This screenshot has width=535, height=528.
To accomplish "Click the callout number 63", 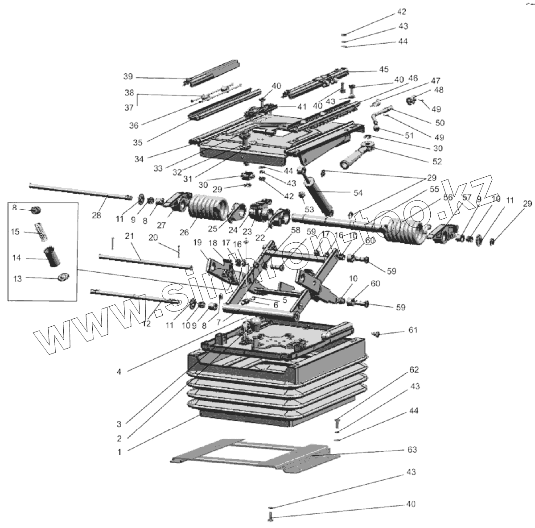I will click(x=412, y=449).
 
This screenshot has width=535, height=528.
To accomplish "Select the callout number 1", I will click(x=119, y=451).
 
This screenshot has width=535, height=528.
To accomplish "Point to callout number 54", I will click(x=358, y=193).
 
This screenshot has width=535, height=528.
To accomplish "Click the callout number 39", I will click(x=128, y=77).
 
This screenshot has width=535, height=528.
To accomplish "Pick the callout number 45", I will click(x=383, y=69).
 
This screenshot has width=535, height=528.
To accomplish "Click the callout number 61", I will click(x=413, y=330).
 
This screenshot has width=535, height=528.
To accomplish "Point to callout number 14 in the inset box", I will click(x=17, y=258).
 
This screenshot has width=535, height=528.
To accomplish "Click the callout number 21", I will click(x=129, y=236).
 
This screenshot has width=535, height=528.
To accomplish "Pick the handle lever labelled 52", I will click(x=357, y=156).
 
